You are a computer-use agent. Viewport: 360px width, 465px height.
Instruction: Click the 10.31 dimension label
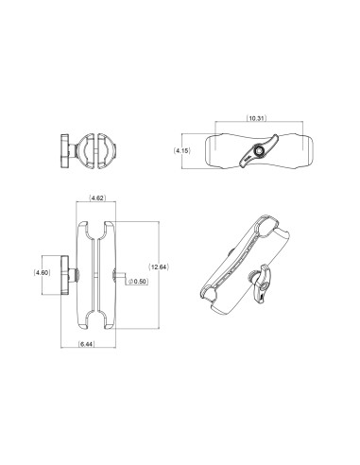click(x=256, y=119)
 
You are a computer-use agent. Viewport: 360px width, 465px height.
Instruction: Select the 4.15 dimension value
click(x=185, y=150)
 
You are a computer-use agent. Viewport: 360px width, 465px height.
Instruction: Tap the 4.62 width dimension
click(x=97, y=198)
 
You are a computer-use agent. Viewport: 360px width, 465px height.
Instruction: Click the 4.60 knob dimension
click(x=41, y=273)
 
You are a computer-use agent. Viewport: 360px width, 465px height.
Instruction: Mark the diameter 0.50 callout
click(x=140, y=281)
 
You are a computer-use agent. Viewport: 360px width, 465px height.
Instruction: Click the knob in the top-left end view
click(x=67, y=148)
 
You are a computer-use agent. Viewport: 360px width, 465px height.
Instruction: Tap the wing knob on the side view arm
click(x=257, y=152)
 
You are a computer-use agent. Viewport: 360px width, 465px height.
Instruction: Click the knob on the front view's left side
click(x=67, y=273)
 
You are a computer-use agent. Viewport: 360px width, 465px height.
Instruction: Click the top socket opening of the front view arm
click(x=97, y=227)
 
